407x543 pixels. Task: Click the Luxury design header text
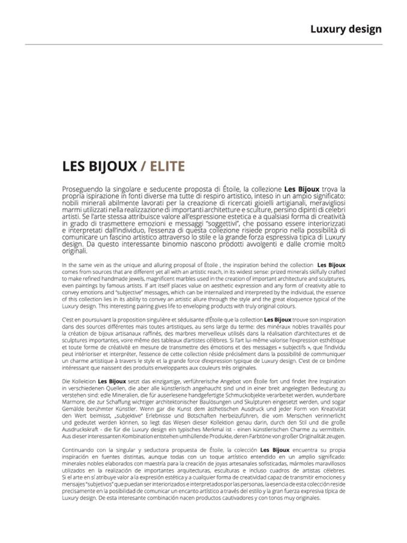tap(346, 29)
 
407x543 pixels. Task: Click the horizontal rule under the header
tap(203, 44)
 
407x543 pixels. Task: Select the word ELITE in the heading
tap(164, 166)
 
